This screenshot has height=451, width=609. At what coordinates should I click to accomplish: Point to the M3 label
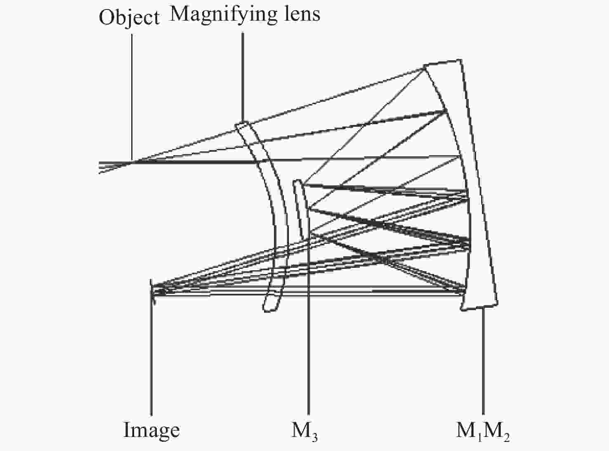(x=304, y=432)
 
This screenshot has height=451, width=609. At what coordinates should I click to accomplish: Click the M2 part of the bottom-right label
(x=496, y=432)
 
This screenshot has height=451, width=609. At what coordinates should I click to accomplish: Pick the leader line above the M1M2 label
(x=483, y=361)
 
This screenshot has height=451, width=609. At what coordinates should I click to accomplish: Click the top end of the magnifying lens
(x=242, y=125)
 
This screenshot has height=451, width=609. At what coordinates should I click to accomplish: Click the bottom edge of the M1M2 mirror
(x=479, y=307)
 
